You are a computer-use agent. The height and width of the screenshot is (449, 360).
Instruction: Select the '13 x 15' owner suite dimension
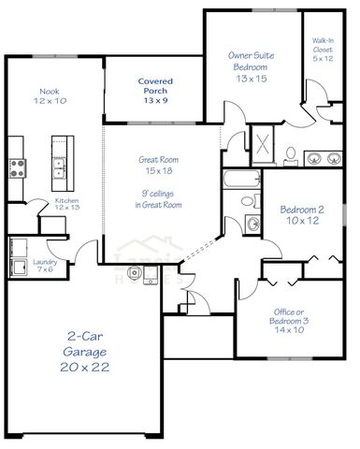pyautogui.click(x=251, y=80)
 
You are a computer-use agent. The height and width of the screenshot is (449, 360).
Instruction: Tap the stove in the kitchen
pyautogui.click(x=16, y=169)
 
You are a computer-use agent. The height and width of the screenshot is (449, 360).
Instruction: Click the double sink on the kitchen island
pyautogui.click(x=58, y=168)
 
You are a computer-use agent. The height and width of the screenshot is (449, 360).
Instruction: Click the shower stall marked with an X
pyautogui.click(x=262, y=148)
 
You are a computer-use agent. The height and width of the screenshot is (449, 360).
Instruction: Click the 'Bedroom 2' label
pyautogui.click(x=301, y=210)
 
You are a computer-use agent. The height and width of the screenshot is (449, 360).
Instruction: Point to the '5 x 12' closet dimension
pyautogui.click(x=323, y=59)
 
